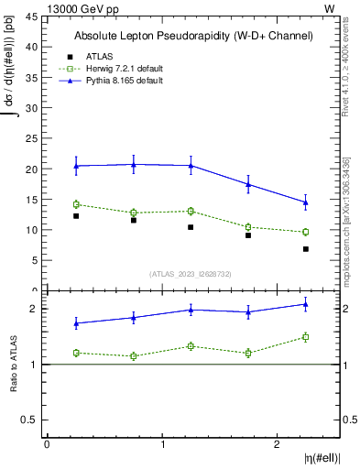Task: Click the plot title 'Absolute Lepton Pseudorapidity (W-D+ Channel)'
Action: (x=193, y=36)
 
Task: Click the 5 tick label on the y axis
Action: (x=37, y=260)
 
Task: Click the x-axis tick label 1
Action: (x=162, y=444)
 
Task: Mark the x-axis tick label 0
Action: (x=47, y=444)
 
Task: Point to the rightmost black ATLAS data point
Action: (x=306, y=249)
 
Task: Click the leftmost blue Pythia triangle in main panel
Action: (x=76, y=166)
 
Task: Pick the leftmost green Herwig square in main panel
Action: (x=76, y=204)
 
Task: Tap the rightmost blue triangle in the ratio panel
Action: (x=306, y=304)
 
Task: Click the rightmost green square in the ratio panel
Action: (x=306, y=337)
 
